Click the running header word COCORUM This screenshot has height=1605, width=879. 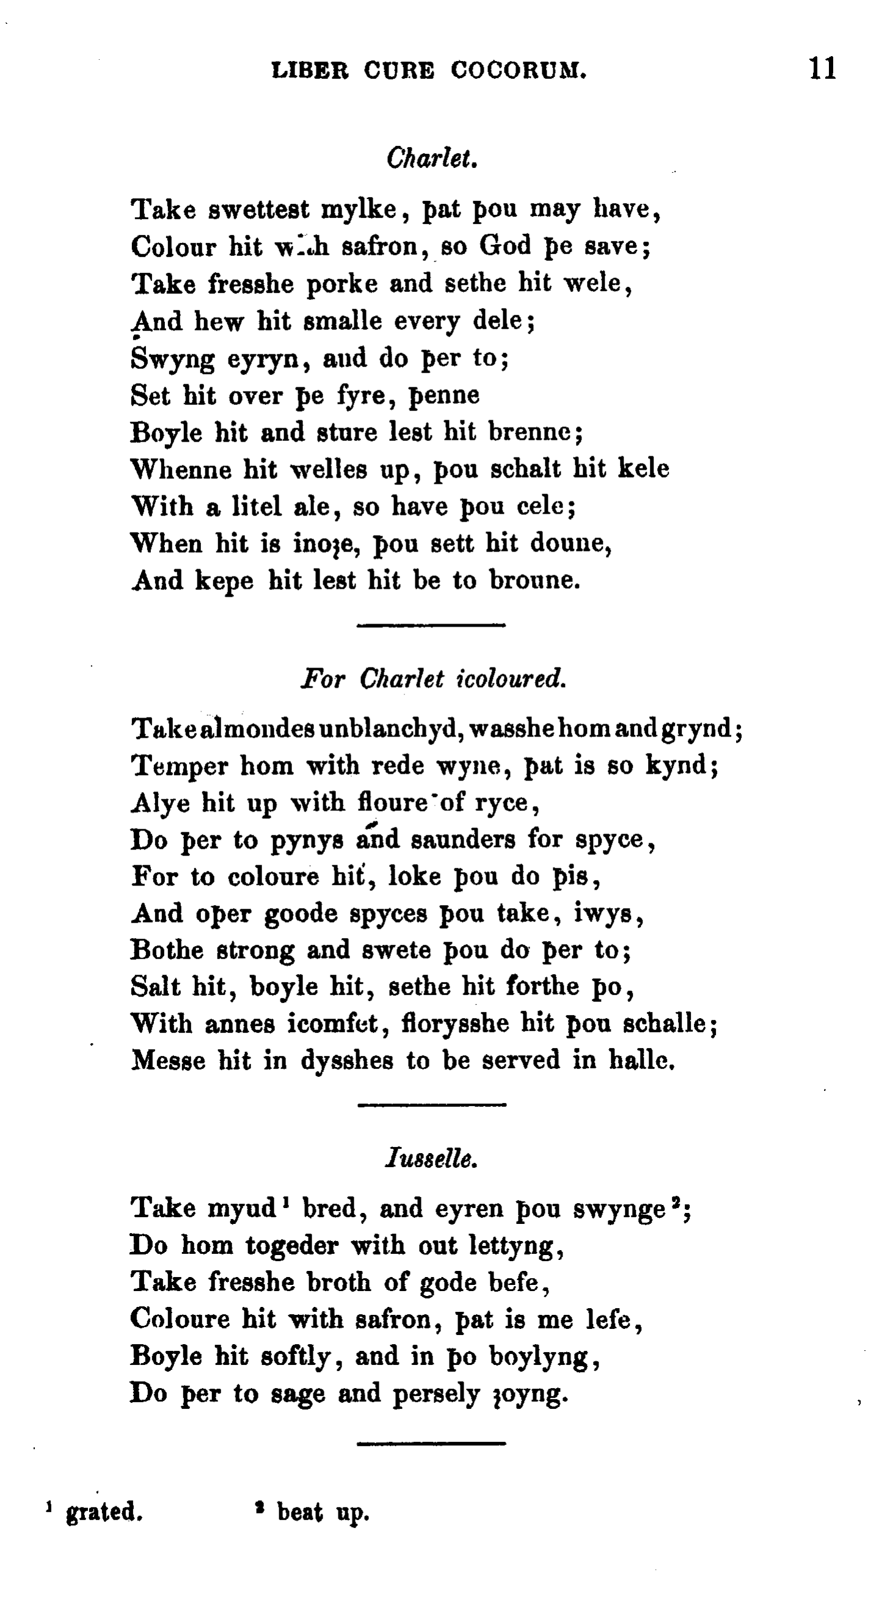coord(519,70)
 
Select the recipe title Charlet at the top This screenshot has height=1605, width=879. coord(432,158)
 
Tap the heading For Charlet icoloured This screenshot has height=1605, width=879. coord(433,679)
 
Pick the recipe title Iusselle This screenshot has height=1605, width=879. coord(432,1159)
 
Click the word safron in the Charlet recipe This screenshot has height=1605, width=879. coord(380,247)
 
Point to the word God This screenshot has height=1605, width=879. coord(505,246)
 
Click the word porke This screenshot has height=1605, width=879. coord(343,284)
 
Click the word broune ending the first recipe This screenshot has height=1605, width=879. coord(534,581)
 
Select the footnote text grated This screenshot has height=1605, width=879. coord(104,1512)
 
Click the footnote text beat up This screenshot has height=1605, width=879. coord(323,1512)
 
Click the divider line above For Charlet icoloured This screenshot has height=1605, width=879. coord(431,624)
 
